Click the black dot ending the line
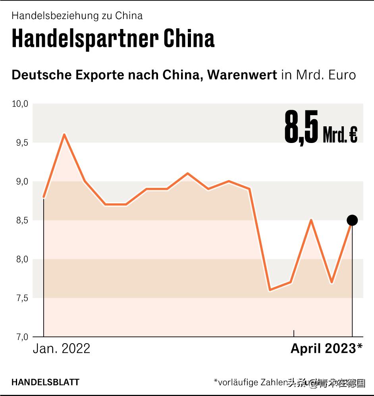(x=352, y=220)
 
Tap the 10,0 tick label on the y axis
(x=20, y=104)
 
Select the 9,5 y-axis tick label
(x=20, y=143)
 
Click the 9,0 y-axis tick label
(x=20, y=182)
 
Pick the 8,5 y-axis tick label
(x=20, y=220)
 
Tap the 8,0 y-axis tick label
(x=20, y=259)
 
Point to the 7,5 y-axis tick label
(x=20, y=298)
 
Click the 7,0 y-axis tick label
(x=20, y=337)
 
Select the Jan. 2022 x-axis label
(x=62, y=349)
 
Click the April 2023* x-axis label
(x=326, y=349)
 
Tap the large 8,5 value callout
(x=301, y=127)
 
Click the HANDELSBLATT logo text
(x=45, y=382)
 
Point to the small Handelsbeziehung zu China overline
(x=77, y=16)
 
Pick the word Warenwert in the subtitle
(x=242, y=75)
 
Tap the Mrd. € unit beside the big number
(x=340, y=135)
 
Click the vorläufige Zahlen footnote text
(x=250, y=382)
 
